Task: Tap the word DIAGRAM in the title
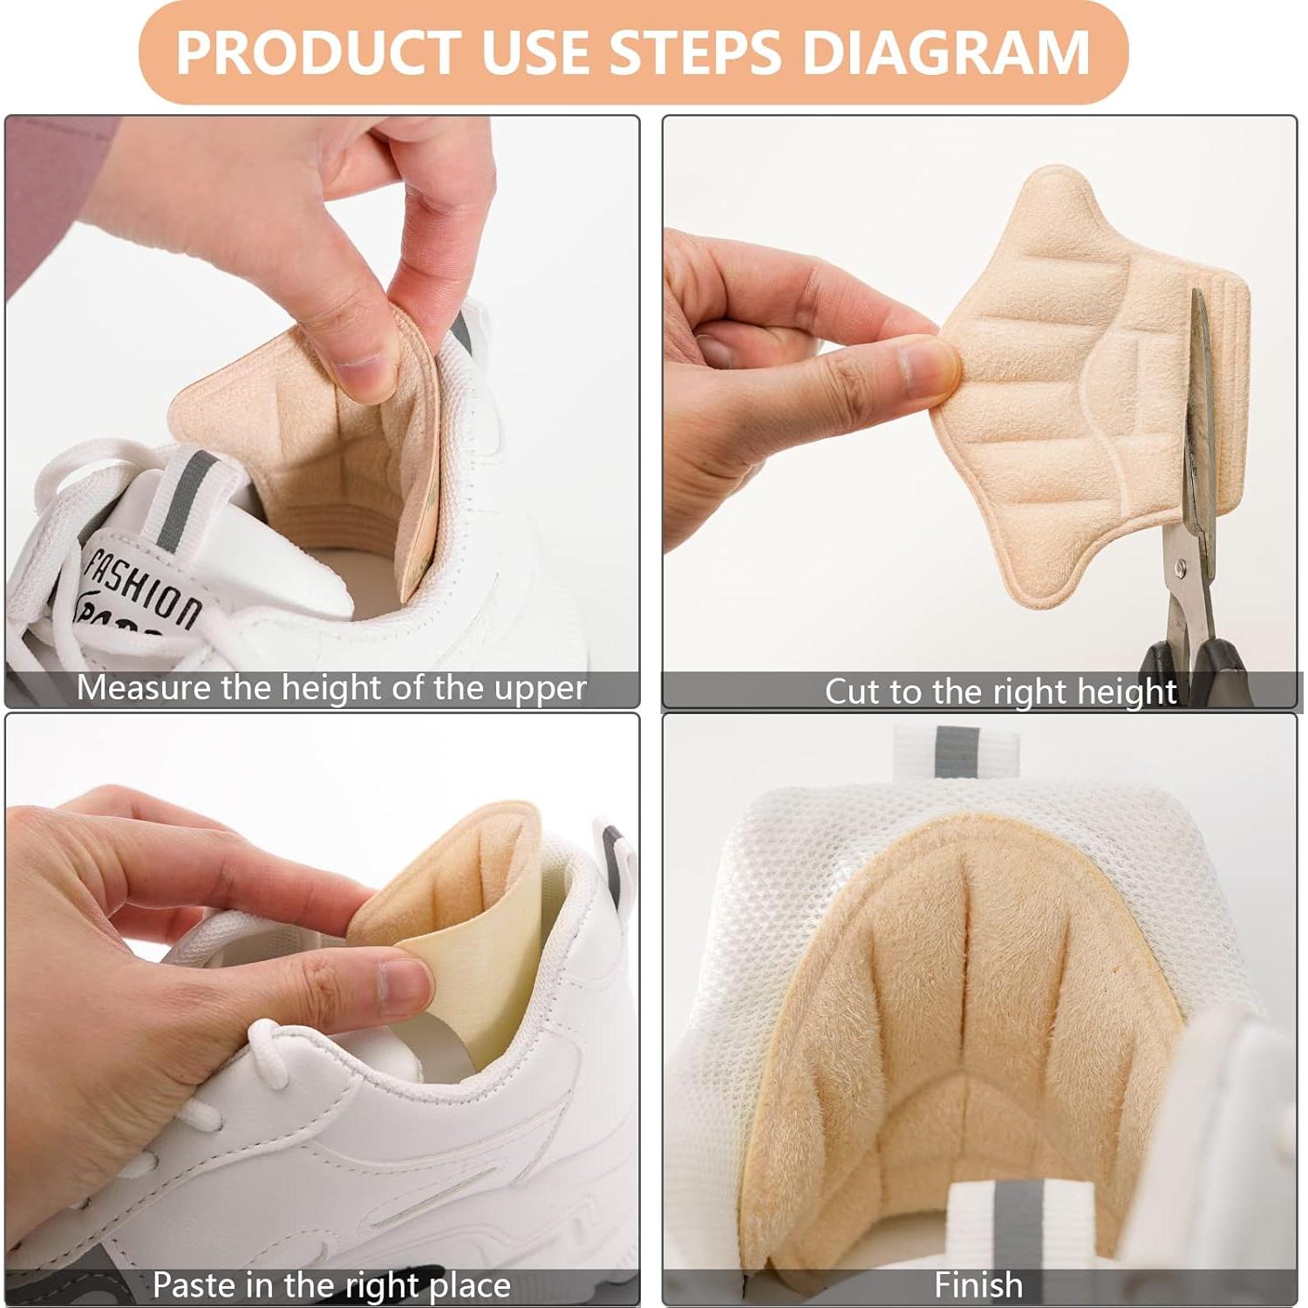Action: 946,52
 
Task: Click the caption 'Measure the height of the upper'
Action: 331,688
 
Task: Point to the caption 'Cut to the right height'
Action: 1000,691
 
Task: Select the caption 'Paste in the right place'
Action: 331,1285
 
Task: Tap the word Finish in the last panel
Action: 978,1285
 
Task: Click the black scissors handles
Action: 1195,658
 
